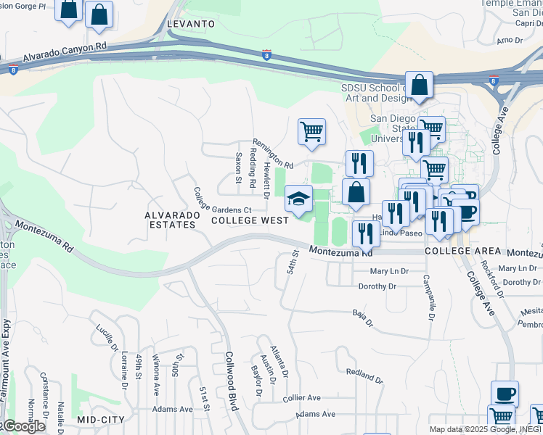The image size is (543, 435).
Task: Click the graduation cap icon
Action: [x=298, y=198]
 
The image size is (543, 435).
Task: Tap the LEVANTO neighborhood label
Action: [x=191, y=24]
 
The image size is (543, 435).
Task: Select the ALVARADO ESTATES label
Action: [x=170, y=220]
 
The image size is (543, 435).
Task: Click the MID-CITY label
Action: [x=101, y=420]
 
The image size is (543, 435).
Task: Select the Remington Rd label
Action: [x=272, y=153]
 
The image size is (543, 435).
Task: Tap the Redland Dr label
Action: [x=364, y=375]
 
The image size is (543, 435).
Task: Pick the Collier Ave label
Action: [x=302, y=398]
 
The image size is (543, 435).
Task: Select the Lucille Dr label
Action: [x=106, y=337]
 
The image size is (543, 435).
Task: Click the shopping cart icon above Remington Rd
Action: [x=311, y=132]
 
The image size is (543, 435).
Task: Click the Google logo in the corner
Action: [x=24, y=426]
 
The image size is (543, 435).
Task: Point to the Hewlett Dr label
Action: [x=266, y=181]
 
